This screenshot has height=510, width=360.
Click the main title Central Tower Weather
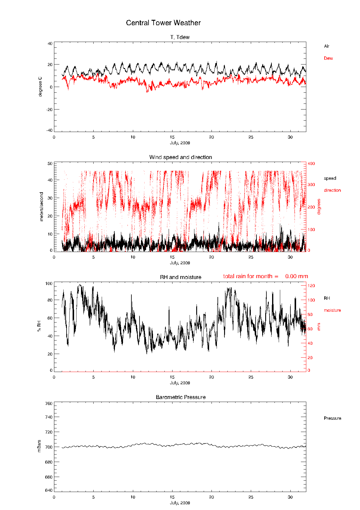[x=163, y=23]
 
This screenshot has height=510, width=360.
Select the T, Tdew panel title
[x=180, y=37]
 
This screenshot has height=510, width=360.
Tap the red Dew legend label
[x=328, y=58]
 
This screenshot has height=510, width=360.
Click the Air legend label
[x=326, y=46]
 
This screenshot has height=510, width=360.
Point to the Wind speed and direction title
[x=181, y=157]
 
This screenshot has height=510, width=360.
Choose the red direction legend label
[x=332, y=190]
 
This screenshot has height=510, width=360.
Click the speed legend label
[x=330, y=178]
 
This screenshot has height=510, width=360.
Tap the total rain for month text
[x=265, y=276]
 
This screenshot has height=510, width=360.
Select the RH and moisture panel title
[x=181, y=277]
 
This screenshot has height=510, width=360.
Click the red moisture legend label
[x=332, y=310]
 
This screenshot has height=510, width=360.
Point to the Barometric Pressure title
[x=181, y=397]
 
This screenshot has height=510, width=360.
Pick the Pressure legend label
[x=332, y=418]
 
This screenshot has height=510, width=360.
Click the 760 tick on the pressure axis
[x=49, y=403]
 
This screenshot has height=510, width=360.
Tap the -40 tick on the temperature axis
[x=49, y=130]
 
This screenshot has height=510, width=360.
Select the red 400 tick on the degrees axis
[x=311, y=163]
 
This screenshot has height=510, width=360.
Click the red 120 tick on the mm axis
[x=311, y=286]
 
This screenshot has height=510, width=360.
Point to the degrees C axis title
[x=40, y=87]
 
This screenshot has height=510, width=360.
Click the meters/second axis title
[x=41, y=207]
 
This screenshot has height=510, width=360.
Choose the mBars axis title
[x=39, y=446]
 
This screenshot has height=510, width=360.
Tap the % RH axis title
[x=39, y=326]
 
